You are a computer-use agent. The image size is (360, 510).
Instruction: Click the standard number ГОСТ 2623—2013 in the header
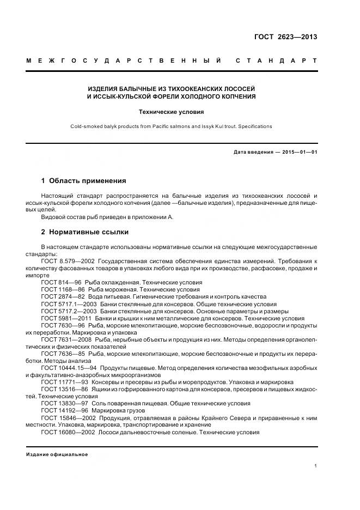click(x=285, y=37)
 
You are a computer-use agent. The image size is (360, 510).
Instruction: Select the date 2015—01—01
click(x=298, y=152)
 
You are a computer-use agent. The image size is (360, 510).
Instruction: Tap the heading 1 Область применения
click(x=83, y=180)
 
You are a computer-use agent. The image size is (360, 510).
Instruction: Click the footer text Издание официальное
click(x=57, y=454)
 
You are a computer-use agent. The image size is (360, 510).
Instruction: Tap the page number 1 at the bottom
click(x=316, y=466)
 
